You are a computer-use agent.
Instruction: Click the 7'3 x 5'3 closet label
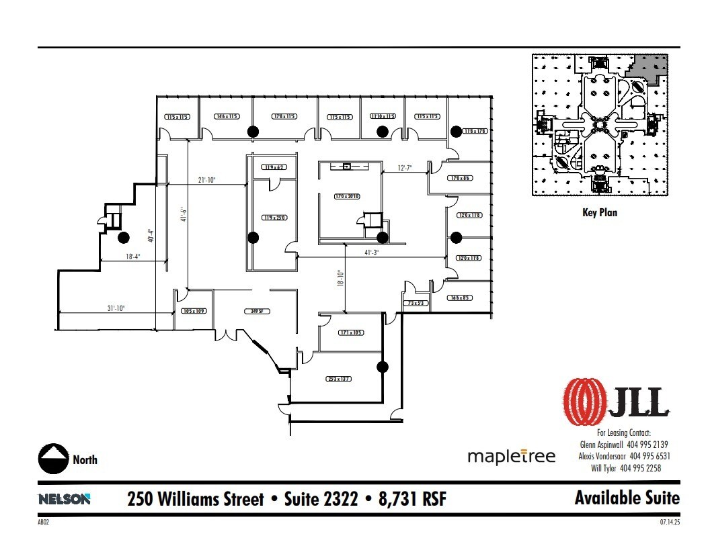[416, 304]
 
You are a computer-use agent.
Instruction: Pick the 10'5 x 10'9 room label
[193, 311]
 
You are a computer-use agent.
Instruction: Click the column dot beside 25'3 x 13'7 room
[383, 367]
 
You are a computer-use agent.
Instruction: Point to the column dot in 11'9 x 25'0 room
[253, 236]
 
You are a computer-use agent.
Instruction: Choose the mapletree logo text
[512, 457]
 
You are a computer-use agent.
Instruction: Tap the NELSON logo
[65, 499]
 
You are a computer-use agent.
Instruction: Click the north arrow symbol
[53, 459]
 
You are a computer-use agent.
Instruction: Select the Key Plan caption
[599, 212]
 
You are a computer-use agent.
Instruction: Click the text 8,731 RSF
[409, 499]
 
